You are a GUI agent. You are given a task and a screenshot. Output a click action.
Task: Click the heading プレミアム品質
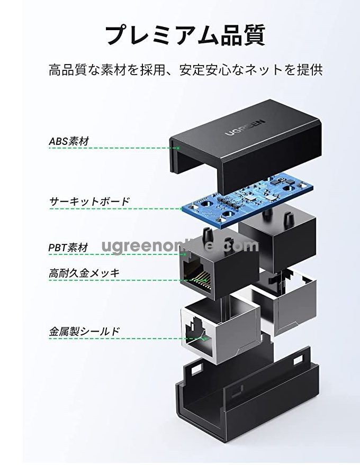click(185, 34)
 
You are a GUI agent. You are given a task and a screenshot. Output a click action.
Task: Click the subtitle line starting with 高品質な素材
click(185, 70)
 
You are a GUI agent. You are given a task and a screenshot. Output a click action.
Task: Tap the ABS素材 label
click(69, 141)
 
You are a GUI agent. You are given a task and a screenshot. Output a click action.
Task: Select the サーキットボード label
click(89, 202)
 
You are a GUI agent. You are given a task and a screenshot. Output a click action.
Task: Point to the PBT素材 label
click(68, 247)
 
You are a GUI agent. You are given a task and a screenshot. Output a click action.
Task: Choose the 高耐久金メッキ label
click(84, 273)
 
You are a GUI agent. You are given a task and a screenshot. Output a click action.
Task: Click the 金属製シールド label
click(84, 332)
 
